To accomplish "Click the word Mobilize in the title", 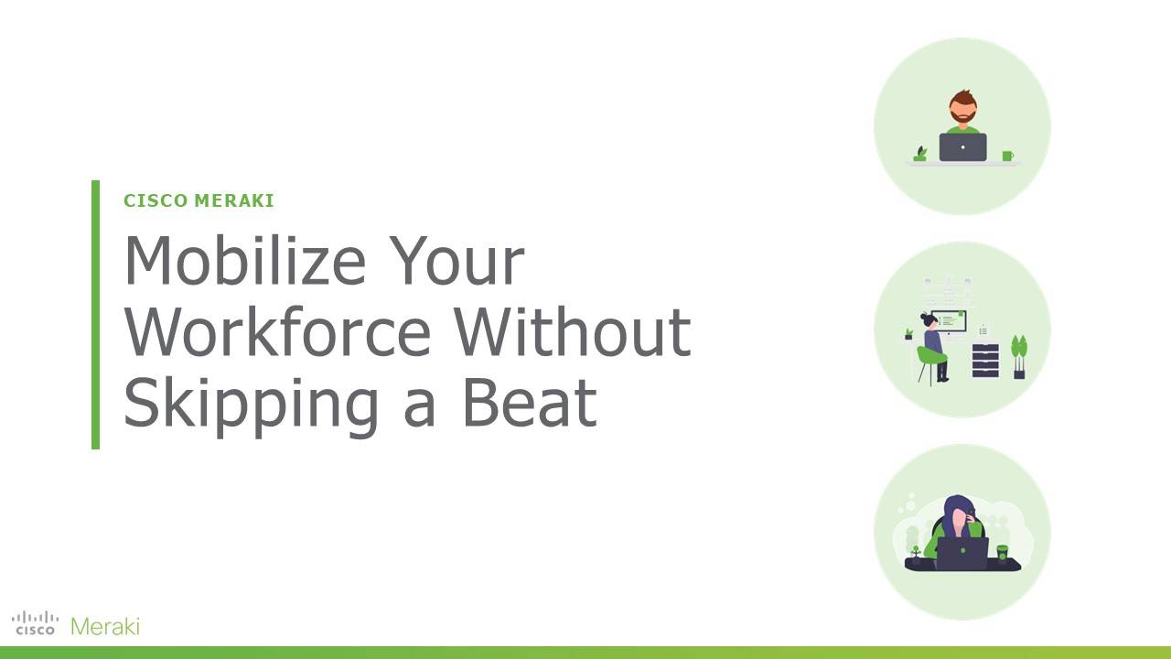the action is (244, 260).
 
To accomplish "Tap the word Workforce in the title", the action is (277, 331).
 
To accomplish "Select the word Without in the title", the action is (573, 331).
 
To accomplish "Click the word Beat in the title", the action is (529, 403).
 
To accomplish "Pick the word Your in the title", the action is (457, 260).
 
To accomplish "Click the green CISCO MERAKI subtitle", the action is (199, 200).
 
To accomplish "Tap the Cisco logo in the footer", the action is (35, 623).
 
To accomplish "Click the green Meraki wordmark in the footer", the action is (105, 626).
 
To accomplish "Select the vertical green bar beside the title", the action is (95, 314).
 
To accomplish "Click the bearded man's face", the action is (963, 110).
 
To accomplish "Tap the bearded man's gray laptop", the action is (963, 147).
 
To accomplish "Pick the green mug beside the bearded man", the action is (1007, 156).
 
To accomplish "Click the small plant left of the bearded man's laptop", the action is (920, 154).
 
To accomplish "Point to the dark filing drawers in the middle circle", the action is (985, 361).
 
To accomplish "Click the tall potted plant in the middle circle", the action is (1019, 357).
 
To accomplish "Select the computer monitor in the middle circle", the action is (949, 321).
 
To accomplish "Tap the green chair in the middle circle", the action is (929, 364).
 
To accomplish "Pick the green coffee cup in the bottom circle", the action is (1002, 554).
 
